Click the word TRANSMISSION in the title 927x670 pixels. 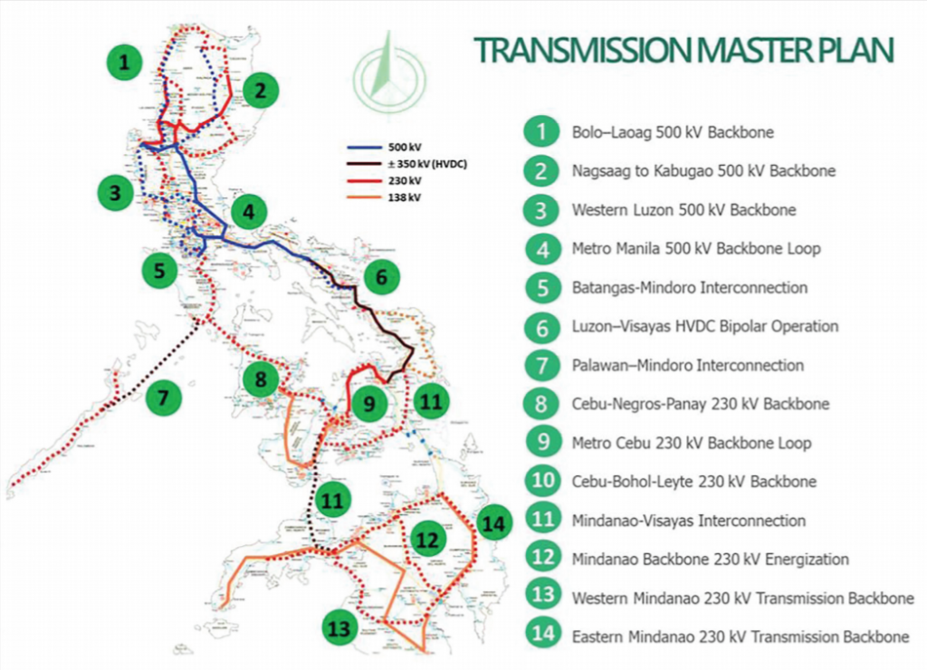pyautogui.click(x=579, y=50)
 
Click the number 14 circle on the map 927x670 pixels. pyautogui.click(x=494, y=522)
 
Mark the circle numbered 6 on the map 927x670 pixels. pyautogui.click(x=381, y=277)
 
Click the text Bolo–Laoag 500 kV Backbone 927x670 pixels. pyautogui.click(x=672, y=132)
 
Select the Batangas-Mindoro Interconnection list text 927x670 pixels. pyautogui.click(x=689, y=288)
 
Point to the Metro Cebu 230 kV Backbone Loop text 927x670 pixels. pyautogui.click(x=691, y=444)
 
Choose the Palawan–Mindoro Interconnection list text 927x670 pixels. pyautogui.click(x=687, y=366)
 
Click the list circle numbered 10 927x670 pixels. pyautogui.click(x=541, y=482)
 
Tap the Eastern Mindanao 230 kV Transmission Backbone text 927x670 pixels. pyautogui.click(x=740, y=637)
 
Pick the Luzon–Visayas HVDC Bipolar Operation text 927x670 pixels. pyautogui.click(x=705, y=326)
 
